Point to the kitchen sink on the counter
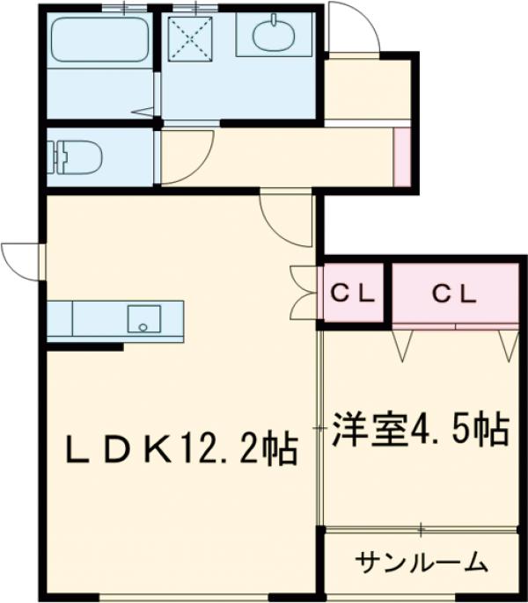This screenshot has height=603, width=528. [x=142, y=317]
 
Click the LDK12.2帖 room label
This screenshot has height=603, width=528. [x=180, y=451]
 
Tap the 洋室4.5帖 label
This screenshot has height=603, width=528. [x=419, y=431]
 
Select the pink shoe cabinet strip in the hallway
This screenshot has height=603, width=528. [x=401, y=157]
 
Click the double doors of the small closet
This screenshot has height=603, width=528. [x=302, y=290]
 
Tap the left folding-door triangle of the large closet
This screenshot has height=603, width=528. [x=404, y=343]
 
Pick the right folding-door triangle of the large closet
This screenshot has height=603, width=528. [x=509, y=343]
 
